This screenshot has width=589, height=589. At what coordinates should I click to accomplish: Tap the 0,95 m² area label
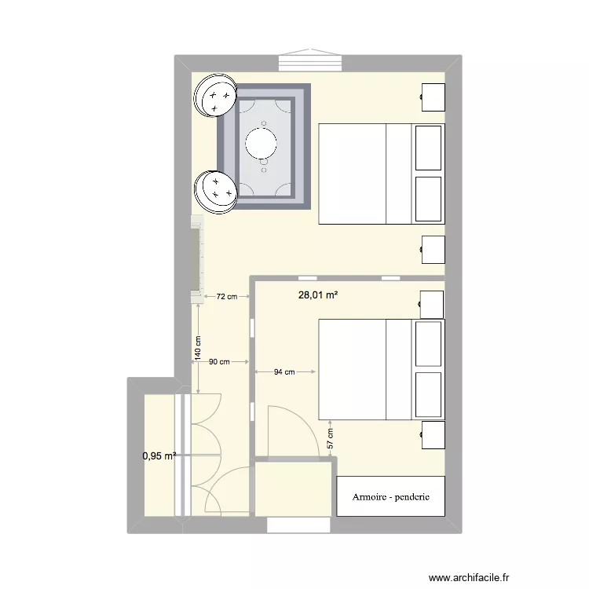(x=158, y=455)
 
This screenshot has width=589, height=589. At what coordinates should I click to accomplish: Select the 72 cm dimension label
(x=226, y=296)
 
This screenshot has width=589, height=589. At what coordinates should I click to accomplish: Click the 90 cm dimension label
(x=219, y=362)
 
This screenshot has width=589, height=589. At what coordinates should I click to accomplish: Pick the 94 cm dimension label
(x=284, y=372)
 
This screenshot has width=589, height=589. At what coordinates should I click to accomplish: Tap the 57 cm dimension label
(x=331, y=439)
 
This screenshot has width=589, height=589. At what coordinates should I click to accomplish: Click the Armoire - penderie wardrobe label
(x=390, y=497)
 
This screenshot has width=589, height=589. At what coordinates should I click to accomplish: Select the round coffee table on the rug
(x=262, y=143)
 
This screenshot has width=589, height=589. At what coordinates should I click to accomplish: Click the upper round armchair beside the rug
(x=217, y=95)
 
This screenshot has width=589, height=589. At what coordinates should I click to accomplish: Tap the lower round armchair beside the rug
(x=217, y=190)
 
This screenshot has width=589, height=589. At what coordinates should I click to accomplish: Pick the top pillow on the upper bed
(x=428, y=147)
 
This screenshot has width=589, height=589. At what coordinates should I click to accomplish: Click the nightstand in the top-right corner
(x=434, y=97)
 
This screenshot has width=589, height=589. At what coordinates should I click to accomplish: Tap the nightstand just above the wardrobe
(x=433, y=434)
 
